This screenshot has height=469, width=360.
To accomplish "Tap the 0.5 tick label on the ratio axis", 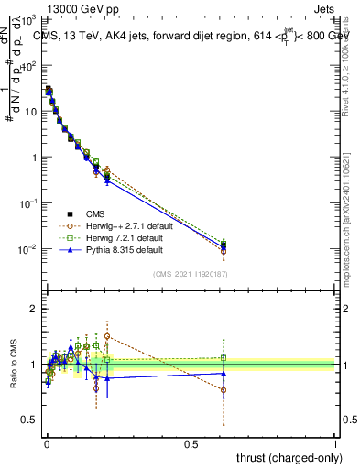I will (x=30, y=420).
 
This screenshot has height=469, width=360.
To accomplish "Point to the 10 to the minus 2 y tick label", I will (x=29, y=249).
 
